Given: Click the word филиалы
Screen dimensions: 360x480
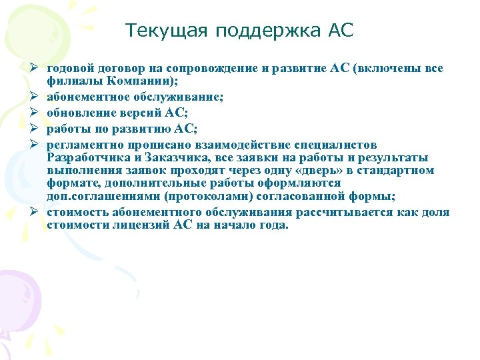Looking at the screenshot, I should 71,81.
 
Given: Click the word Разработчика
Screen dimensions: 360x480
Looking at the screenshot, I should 86,157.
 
